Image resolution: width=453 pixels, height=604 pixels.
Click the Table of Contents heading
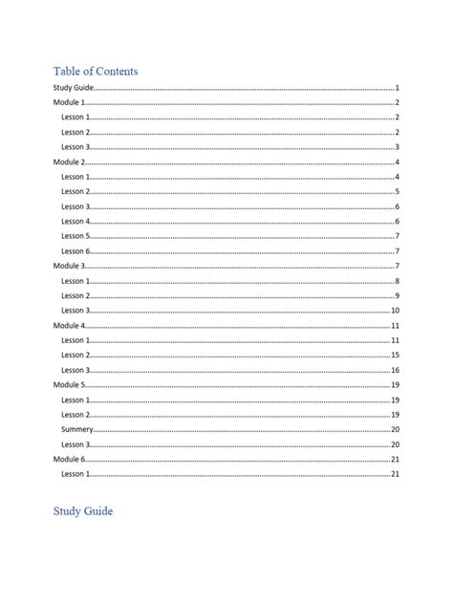96,71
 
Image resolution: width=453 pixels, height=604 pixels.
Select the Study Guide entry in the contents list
73,88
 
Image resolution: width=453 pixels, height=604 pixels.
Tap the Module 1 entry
69,102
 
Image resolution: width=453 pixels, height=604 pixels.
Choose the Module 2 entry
69,162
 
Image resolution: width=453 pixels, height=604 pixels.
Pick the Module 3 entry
69,266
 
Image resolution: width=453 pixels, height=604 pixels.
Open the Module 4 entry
69,326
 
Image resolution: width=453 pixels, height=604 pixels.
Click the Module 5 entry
69,384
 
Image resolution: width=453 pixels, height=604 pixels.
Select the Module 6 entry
69,459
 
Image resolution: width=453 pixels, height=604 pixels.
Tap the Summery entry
77,429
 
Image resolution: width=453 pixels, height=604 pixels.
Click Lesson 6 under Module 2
75,250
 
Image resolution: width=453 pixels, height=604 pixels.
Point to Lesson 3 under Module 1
75,147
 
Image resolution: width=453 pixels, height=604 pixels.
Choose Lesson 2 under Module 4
75,355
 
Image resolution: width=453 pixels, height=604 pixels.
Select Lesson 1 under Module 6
75,473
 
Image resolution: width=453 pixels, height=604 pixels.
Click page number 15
394,355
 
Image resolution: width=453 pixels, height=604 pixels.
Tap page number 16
394,370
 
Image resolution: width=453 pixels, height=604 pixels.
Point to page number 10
394,311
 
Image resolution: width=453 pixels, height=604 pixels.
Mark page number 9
396,295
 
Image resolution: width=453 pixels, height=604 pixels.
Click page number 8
396,281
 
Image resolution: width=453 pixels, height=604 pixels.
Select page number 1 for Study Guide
396,88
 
